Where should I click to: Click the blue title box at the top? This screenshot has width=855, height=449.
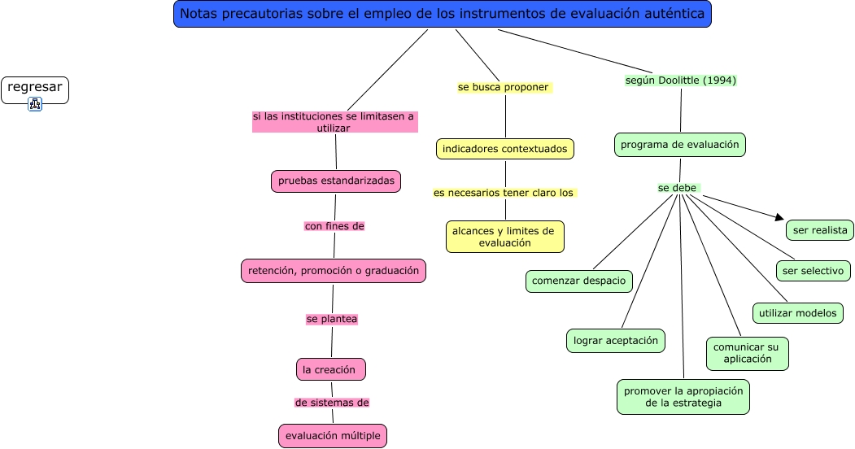pyautogui.click(x=443, y=14)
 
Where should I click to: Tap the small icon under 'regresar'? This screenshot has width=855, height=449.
pyautogui.click(x=35, y=103)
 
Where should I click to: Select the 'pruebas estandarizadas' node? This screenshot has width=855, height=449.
pyautogui.click(x=336, y=181)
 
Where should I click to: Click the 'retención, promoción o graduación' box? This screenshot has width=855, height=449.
pyautogui.click(x=334, y=270)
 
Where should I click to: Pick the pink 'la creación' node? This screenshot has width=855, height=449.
pyautogui.click(x=330, y=369)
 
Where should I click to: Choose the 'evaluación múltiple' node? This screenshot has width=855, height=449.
pyautogui.click(x=333, y=435)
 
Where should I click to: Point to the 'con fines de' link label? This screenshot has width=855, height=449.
pyautogui.click(x=334, y=226)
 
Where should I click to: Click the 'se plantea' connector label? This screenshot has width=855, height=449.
pyautogui.click(x=332, y=319)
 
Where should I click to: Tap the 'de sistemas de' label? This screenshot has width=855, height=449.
pyautogui.click(x=332, y=403)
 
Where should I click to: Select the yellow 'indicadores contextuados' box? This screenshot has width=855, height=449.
pyautogui.click(x=505, y=149)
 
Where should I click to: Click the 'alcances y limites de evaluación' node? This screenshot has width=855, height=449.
pyautogui.click(x=504, y=237)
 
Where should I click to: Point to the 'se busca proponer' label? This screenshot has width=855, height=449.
pyautogui.click(x=504, y=87)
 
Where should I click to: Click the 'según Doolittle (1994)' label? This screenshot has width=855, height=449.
pyautogui.click(x=681, y=81)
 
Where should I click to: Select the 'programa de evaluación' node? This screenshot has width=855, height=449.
pyautogui.click(x=680, y=145)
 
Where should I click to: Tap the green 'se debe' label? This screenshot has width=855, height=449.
pyautogui.click(x=678, y=188)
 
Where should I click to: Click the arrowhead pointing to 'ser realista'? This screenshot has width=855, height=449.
pyautogui.click(x=779, y=218)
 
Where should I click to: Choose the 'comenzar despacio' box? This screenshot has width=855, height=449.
pyautogui.click(x=578, y=281)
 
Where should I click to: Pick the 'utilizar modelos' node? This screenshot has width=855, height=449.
pyautogui.click(x=797, y=312)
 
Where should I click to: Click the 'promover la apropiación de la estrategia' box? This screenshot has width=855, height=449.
pyautogui.click(x=683, y=396)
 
